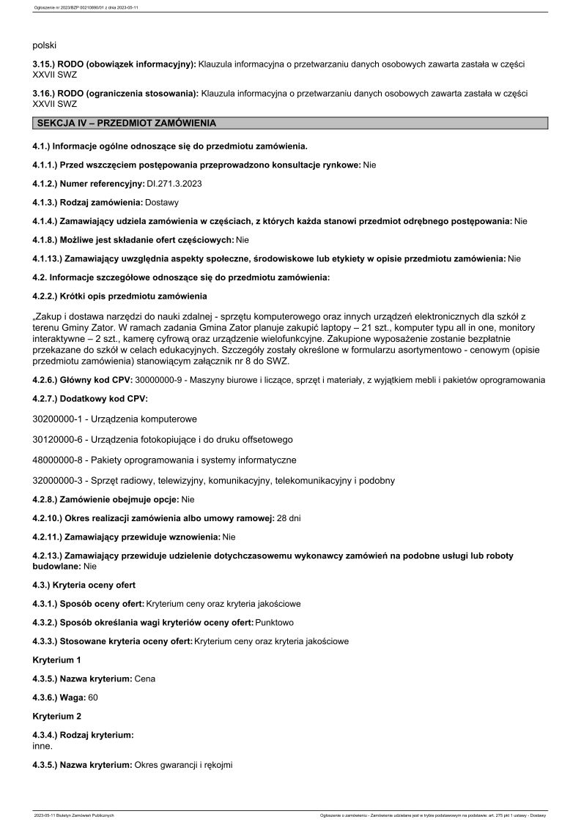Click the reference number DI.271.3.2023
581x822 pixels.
(x=174, y=183)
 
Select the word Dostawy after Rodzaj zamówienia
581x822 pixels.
(x=162, y=201)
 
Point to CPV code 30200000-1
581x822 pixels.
(x=59, y=419)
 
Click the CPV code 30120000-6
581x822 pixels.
(x=59, y=439)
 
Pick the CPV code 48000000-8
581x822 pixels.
(x=59, y=460)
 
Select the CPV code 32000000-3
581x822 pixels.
(x=59, y=480)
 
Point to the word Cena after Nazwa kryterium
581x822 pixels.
(x=145, y=679)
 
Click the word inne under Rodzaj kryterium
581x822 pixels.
(x=42, y=746)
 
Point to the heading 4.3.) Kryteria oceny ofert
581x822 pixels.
(x=84, y=585)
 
